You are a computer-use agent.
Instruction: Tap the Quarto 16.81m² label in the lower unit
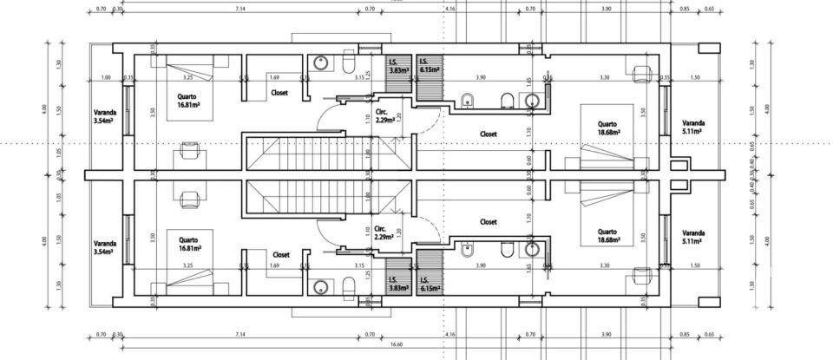189,245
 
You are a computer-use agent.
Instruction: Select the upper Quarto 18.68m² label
607,128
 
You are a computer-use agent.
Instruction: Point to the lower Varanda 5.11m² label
693,238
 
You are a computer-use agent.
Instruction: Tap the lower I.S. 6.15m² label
429,285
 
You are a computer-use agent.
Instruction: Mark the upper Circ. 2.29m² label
385,117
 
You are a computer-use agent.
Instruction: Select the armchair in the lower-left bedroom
189,197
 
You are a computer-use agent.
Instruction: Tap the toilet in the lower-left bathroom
349,286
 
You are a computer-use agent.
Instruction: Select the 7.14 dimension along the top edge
239,9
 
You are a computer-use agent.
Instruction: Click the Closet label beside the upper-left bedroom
279,92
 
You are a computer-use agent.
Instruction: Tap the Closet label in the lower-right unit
489,222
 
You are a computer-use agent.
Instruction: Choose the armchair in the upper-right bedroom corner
643,72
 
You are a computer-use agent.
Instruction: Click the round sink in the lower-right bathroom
533,251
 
